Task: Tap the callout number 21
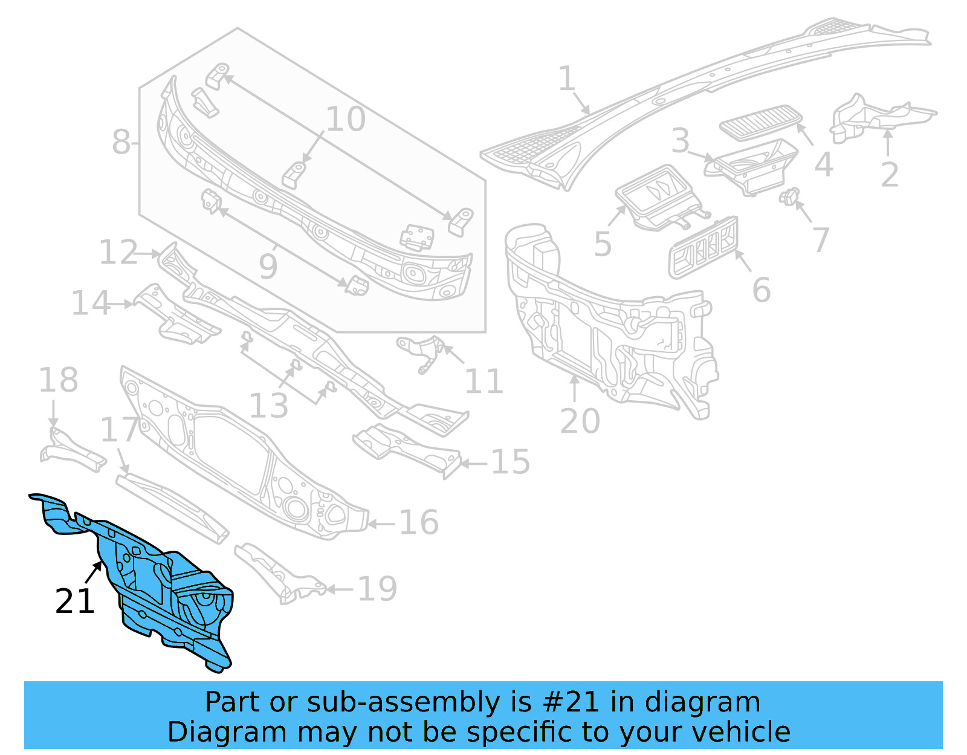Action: pos(75,601)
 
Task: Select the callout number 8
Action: pos(121,143)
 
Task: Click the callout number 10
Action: pos(346,119)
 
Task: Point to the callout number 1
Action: pos(566,79)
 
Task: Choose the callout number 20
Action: pos(580,421)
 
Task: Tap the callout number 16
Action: pos(419,522)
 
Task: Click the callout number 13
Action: pos(268,406)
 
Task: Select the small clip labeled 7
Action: pos(789,196)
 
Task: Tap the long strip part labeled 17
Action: pos(173,508)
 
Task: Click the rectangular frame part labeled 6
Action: pos(703,247)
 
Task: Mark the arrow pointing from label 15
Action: pos(474,464)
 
